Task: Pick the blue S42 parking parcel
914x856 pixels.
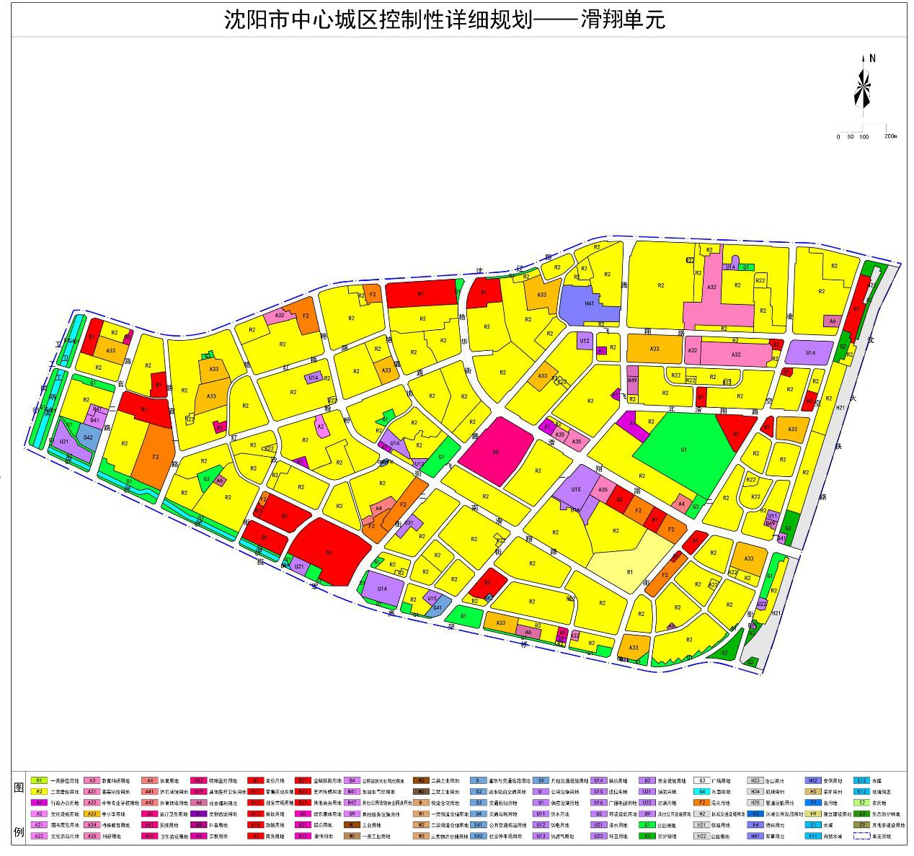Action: click(88, 437)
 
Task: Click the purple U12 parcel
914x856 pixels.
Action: click(585, 341)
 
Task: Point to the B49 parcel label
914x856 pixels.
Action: click(632, 380)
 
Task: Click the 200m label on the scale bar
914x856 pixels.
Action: click(889, 135)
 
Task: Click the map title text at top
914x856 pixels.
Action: click(445, 19)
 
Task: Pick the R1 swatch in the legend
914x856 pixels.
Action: click(40, 780)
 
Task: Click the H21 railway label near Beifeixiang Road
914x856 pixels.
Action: click(840, 409)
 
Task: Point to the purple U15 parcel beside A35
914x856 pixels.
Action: click(575, 490)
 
